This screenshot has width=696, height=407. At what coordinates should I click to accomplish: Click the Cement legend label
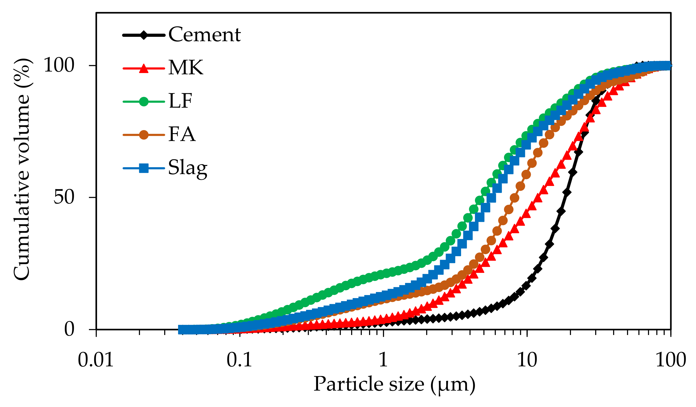point(204,35)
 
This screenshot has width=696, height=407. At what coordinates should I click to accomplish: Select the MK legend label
point(186,68)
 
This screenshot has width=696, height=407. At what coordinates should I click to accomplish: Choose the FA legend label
point(182,134)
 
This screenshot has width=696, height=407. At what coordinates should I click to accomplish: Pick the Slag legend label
point(187,168)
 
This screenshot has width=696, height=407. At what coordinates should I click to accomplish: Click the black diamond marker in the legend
point(143,35)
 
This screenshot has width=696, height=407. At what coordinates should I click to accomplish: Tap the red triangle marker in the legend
point(143,68)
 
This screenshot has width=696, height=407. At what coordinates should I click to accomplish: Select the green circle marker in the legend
point(143,102)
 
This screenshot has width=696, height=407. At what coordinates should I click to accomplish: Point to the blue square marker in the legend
point(143,168)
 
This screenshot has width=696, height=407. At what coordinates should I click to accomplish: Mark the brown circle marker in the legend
point(143,135)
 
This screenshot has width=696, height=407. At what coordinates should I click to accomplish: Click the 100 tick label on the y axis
point(59,65)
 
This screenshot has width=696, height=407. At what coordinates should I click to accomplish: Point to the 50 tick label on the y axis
point(64,197)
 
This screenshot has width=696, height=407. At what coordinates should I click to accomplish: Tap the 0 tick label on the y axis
point(69,329)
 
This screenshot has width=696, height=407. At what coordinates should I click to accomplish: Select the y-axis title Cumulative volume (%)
point(22,169)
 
